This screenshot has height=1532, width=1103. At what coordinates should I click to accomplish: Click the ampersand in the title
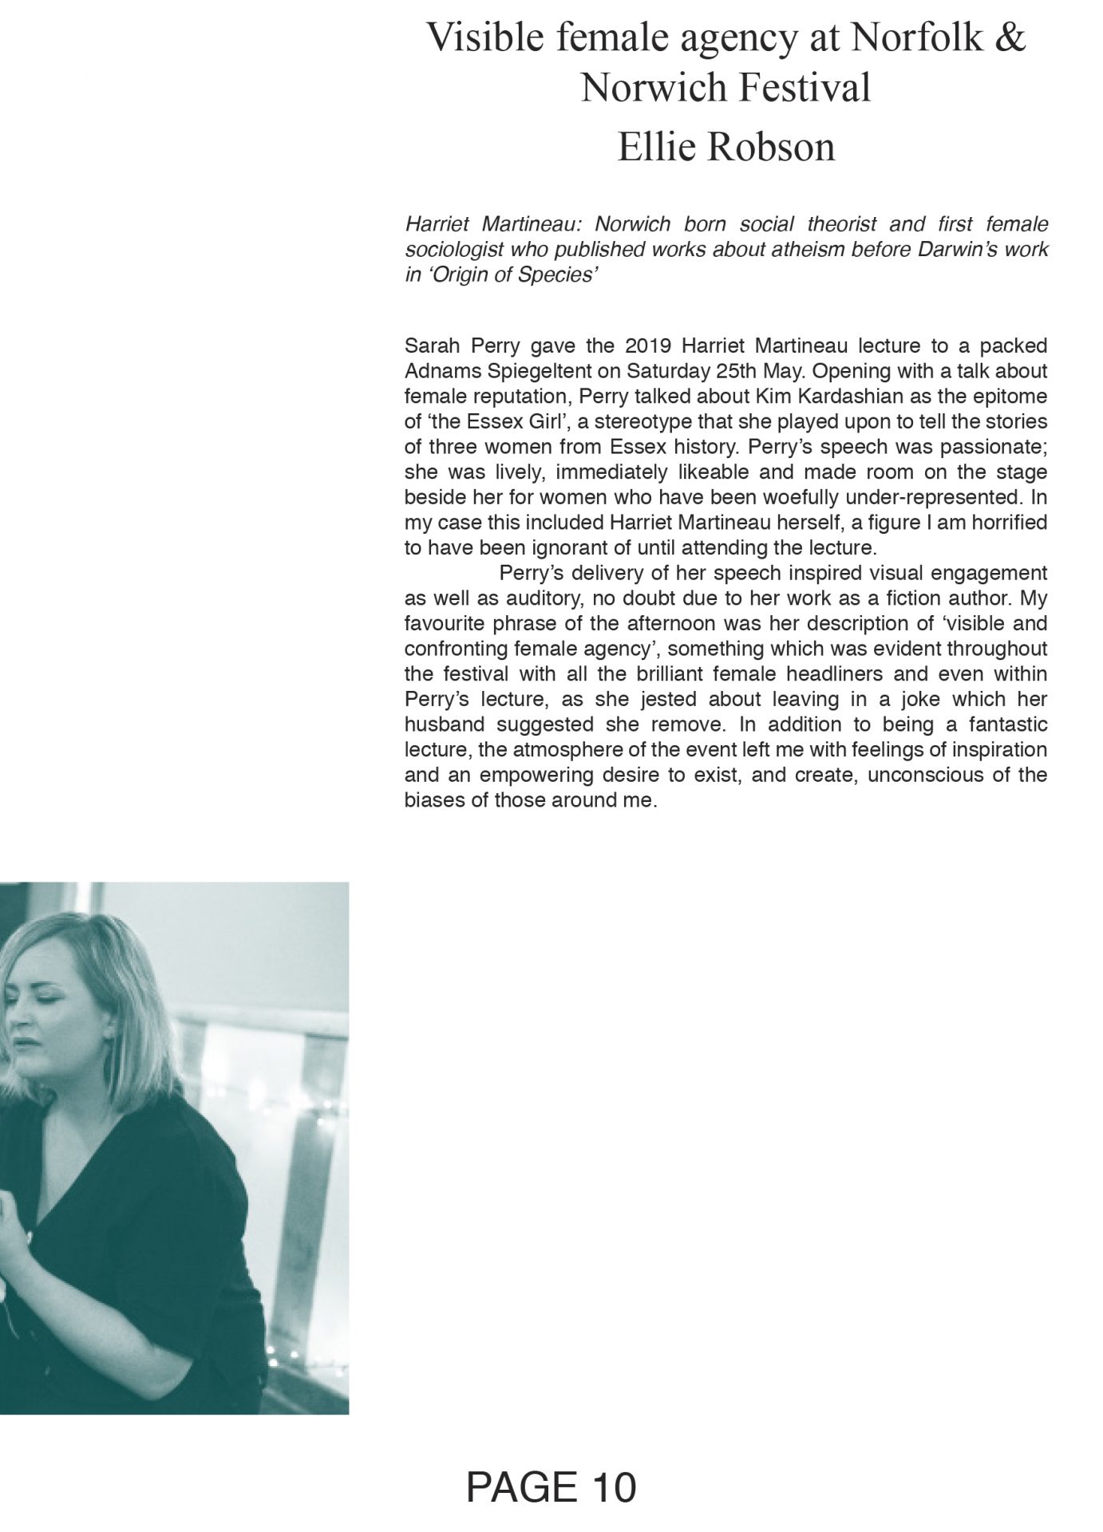click(1010, 39)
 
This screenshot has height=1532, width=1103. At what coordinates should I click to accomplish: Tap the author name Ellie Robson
click(725, 148)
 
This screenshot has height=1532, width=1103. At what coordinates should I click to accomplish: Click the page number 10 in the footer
click(615, 1487)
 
